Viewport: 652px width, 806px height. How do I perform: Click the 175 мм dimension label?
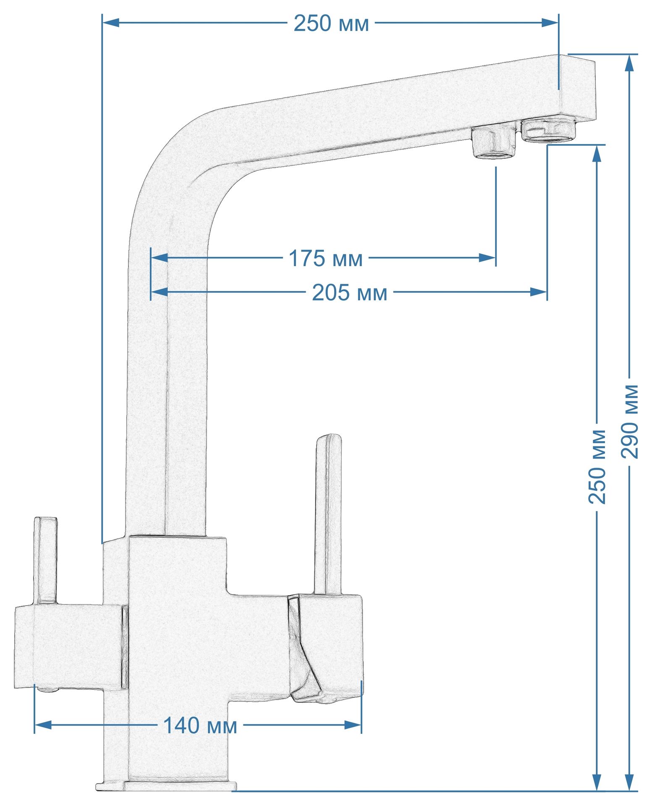click(325, 259)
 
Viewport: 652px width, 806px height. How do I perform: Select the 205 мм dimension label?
click(350, 293)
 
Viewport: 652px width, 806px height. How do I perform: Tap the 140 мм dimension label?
click(200, 725)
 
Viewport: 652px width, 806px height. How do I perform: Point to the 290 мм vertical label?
click(630, 421)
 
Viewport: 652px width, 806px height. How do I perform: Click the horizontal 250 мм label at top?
click(331, 24)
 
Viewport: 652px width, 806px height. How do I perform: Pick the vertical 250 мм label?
click(597, 466)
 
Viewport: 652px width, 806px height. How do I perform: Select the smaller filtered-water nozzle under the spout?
click(494, 143)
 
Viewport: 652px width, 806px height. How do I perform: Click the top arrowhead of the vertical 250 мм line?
click(597, 154)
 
